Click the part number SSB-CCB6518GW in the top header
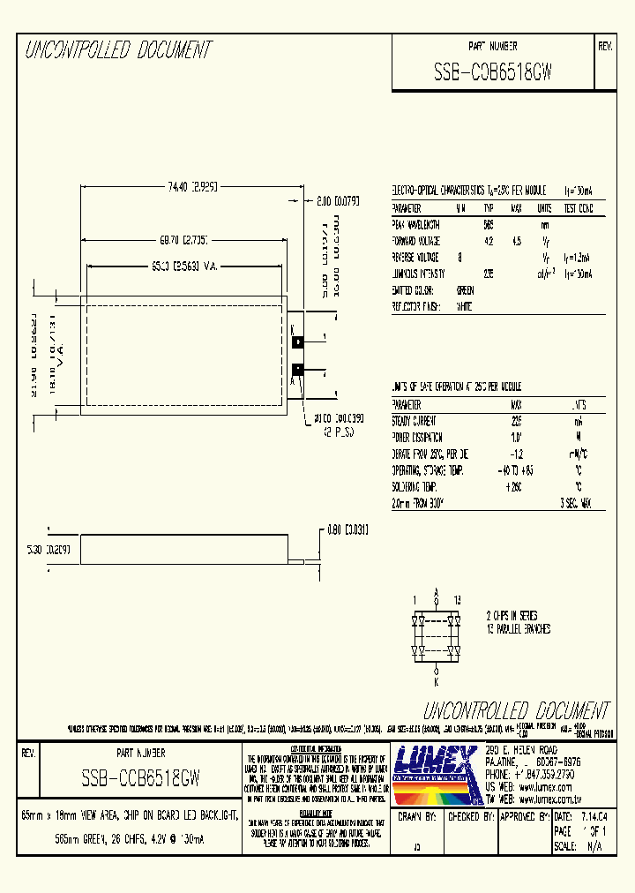click(493, 74)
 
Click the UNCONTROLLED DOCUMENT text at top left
click(118, 51)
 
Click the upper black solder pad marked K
click(298, 341)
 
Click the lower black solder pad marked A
click(298, 370)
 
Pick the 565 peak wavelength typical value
click(489, 225)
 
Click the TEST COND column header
click(579, 209)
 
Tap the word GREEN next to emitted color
click(464, 290)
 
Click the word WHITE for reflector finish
click(464, 306)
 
